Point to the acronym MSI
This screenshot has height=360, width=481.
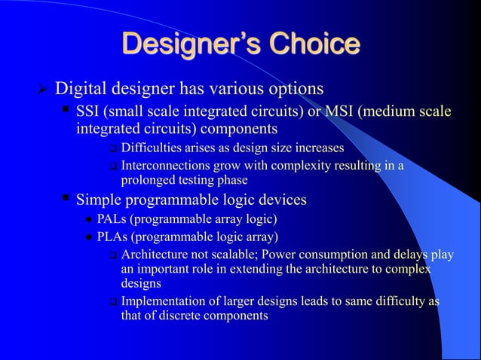338,112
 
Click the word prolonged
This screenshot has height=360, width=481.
149,180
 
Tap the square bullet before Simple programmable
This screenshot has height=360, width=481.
66,198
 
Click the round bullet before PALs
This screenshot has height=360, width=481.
88,221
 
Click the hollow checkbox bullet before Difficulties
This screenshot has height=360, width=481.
112,147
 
